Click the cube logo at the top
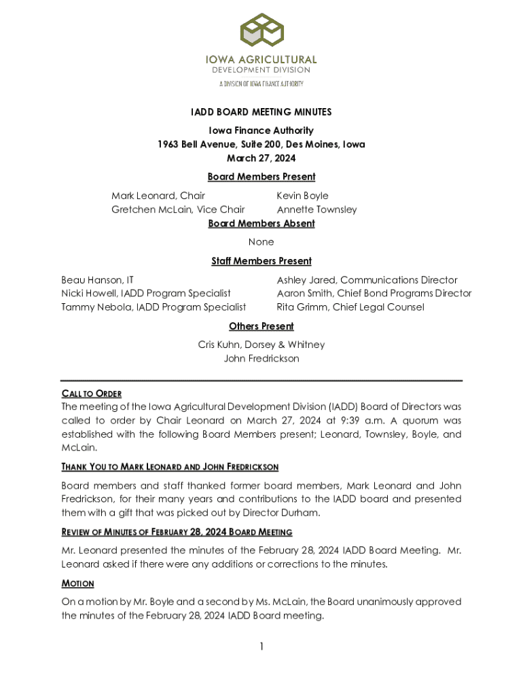[261, 31]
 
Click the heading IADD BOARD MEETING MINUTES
[261, 111]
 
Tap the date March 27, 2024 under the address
[261, 158]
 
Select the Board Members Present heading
[261, 177]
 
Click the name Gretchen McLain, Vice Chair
[178, 209]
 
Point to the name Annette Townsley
[317, 209]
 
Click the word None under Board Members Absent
[261, 241]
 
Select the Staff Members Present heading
[261, 261]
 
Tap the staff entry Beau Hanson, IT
[97, 280]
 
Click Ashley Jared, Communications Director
[367, 280]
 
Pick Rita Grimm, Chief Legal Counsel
[350, 307]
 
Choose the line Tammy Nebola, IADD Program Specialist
[154, 307]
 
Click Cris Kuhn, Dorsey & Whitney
[261, 345]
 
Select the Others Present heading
[261, 326]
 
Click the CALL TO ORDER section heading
[92, 394]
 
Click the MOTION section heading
[78, 584]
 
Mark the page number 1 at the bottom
[261, 646]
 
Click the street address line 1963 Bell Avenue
[261, 144]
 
